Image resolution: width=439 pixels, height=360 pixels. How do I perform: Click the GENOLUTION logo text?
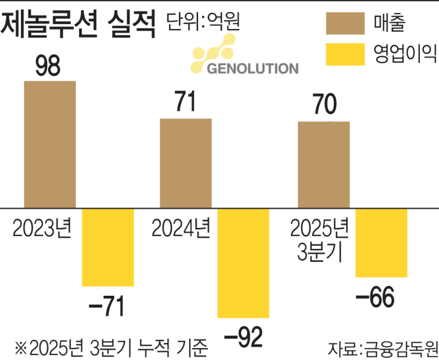(253, 69)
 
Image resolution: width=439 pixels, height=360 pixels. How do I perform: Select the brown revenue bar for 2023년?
(50, 145)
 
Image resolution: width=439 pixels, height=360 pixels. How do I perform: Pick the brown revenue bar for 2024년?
(185, 164)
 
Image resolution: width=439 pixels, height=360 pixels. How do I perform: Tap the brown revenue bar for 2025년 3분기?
(323, 165)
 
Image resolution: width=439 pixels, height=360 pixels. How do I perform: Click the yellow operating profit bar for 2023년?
(108, 247)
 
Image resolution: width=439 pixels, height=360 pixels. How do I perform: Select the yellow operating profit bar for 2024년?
(243, 263)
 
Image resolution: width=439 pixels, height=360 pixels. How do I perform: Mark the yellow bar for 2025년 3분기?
(381, 243)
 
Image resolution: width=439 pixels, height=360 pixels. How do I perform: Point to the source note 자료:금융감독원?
(382, 348)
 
